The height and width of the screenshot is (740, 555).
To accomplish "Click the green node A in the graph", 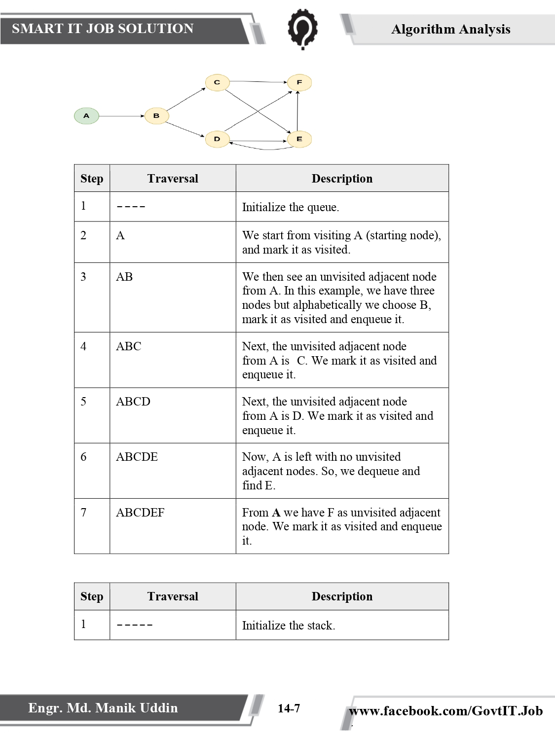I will pos(86,116).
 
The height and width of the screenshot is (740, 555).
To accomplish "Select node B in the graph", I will pos(157,116).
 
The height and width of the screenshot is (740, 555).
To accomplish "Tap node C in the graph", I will pos(217,82).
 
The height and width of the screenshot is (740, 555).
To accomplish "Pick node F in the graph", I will pos(299,82).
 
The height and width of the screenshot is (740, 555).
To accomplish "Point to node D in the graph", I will pos(217,139).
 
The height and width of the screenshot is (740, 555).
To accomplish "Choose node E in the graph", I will pos(299,139).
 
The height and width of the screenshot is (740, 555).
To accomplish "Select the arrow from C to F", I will pos(258,81).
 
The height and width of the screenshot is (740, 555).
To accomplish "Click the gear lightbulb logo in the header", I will pos(302,29).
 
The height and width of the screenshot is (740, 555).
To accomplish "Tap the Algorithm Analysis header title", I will pos(450,29).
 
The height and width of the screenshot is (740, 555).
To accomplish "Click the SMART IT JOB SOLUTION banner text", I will pos(103,29).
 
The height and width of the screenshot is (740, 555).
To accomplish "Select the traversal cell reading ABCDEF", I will pos(140,513).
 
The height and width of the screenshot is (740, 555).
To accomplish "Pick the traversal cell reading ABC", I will pos(129,346).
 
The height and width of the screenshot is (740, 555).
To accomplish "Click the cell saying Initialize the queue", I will pos(291,207).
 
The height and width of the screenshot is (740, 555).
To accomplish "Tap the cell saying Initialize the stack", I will pos(289,626).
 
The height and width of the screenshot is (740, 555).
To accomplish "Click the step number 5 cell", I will pos(84,402).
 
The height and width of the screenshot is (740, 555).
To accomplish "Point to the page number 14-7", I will pos(289,708).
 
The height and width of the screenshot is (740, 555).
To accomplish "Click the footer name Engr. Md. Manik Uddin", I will pos(103,708).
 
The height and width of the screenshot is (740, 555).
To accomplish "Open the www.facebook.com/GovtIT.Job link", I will pos(445,711).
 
